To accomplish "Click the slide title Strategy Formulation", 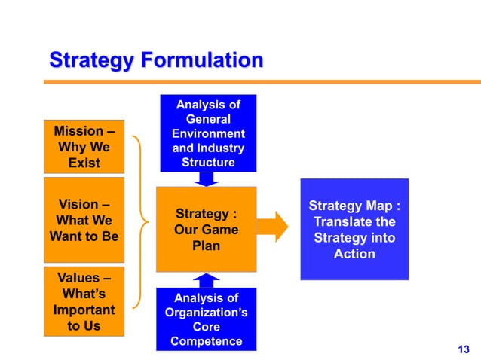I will (156, 60).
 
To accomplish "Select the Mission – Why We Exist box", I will (84, 146).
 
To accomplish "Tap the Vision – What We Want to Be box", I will (84, 221).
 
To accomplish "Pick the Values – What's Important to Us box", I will (84, 301).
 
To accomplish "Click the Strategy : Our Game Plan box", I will (206, 229).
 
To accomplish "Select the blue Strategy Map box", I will (354, 229).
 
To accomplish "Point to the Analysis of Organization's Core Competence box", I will (206, 319).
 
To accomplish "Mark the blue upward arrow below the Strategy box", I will (206, 280).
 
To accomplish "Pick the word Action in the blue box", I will (354, 254).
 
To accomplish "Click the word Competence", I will (206, 341).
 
